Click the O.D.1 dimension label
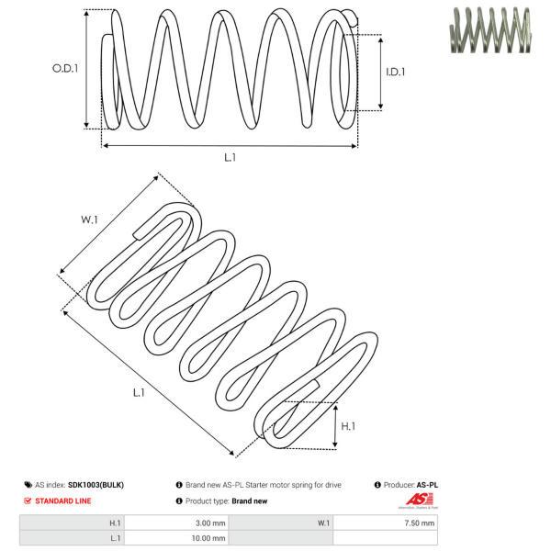(65, 68)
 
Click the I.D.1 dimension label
(395, 71)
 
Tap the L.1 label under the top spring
(230, 157)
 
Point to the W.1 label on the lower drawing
(89, 219)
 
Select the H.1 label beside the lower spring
(349, 426)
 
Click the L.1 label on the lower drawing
(139, 392)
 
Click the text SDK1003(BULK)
(96, 484)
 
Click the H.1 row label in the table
(115, 523)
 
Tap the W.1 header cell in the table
(324, 523)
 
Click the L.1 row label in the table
(115, 538)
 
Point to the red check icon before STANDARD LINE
(28, 500)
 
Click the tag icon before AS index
(28, 484)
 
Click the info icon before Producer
(377, 484)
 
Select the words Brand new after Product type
(250, 500)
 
